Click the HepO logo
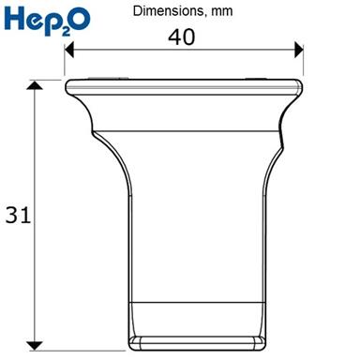tap(47, 21)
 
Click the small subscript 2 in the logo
tap(66, 31)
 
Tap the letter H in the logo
tap(14, 18)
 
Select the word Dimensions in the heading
tap(168, 11)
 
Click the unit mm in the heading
tap(222, 12)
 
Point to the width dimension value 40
tap(182, 37)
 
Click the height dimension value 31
tap(18, 215)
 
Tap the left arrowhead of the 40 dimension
tap(69, 50)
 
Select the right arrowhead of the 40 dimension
tap(299, 50)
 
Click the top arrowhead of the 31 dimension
tap(35, 85)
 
